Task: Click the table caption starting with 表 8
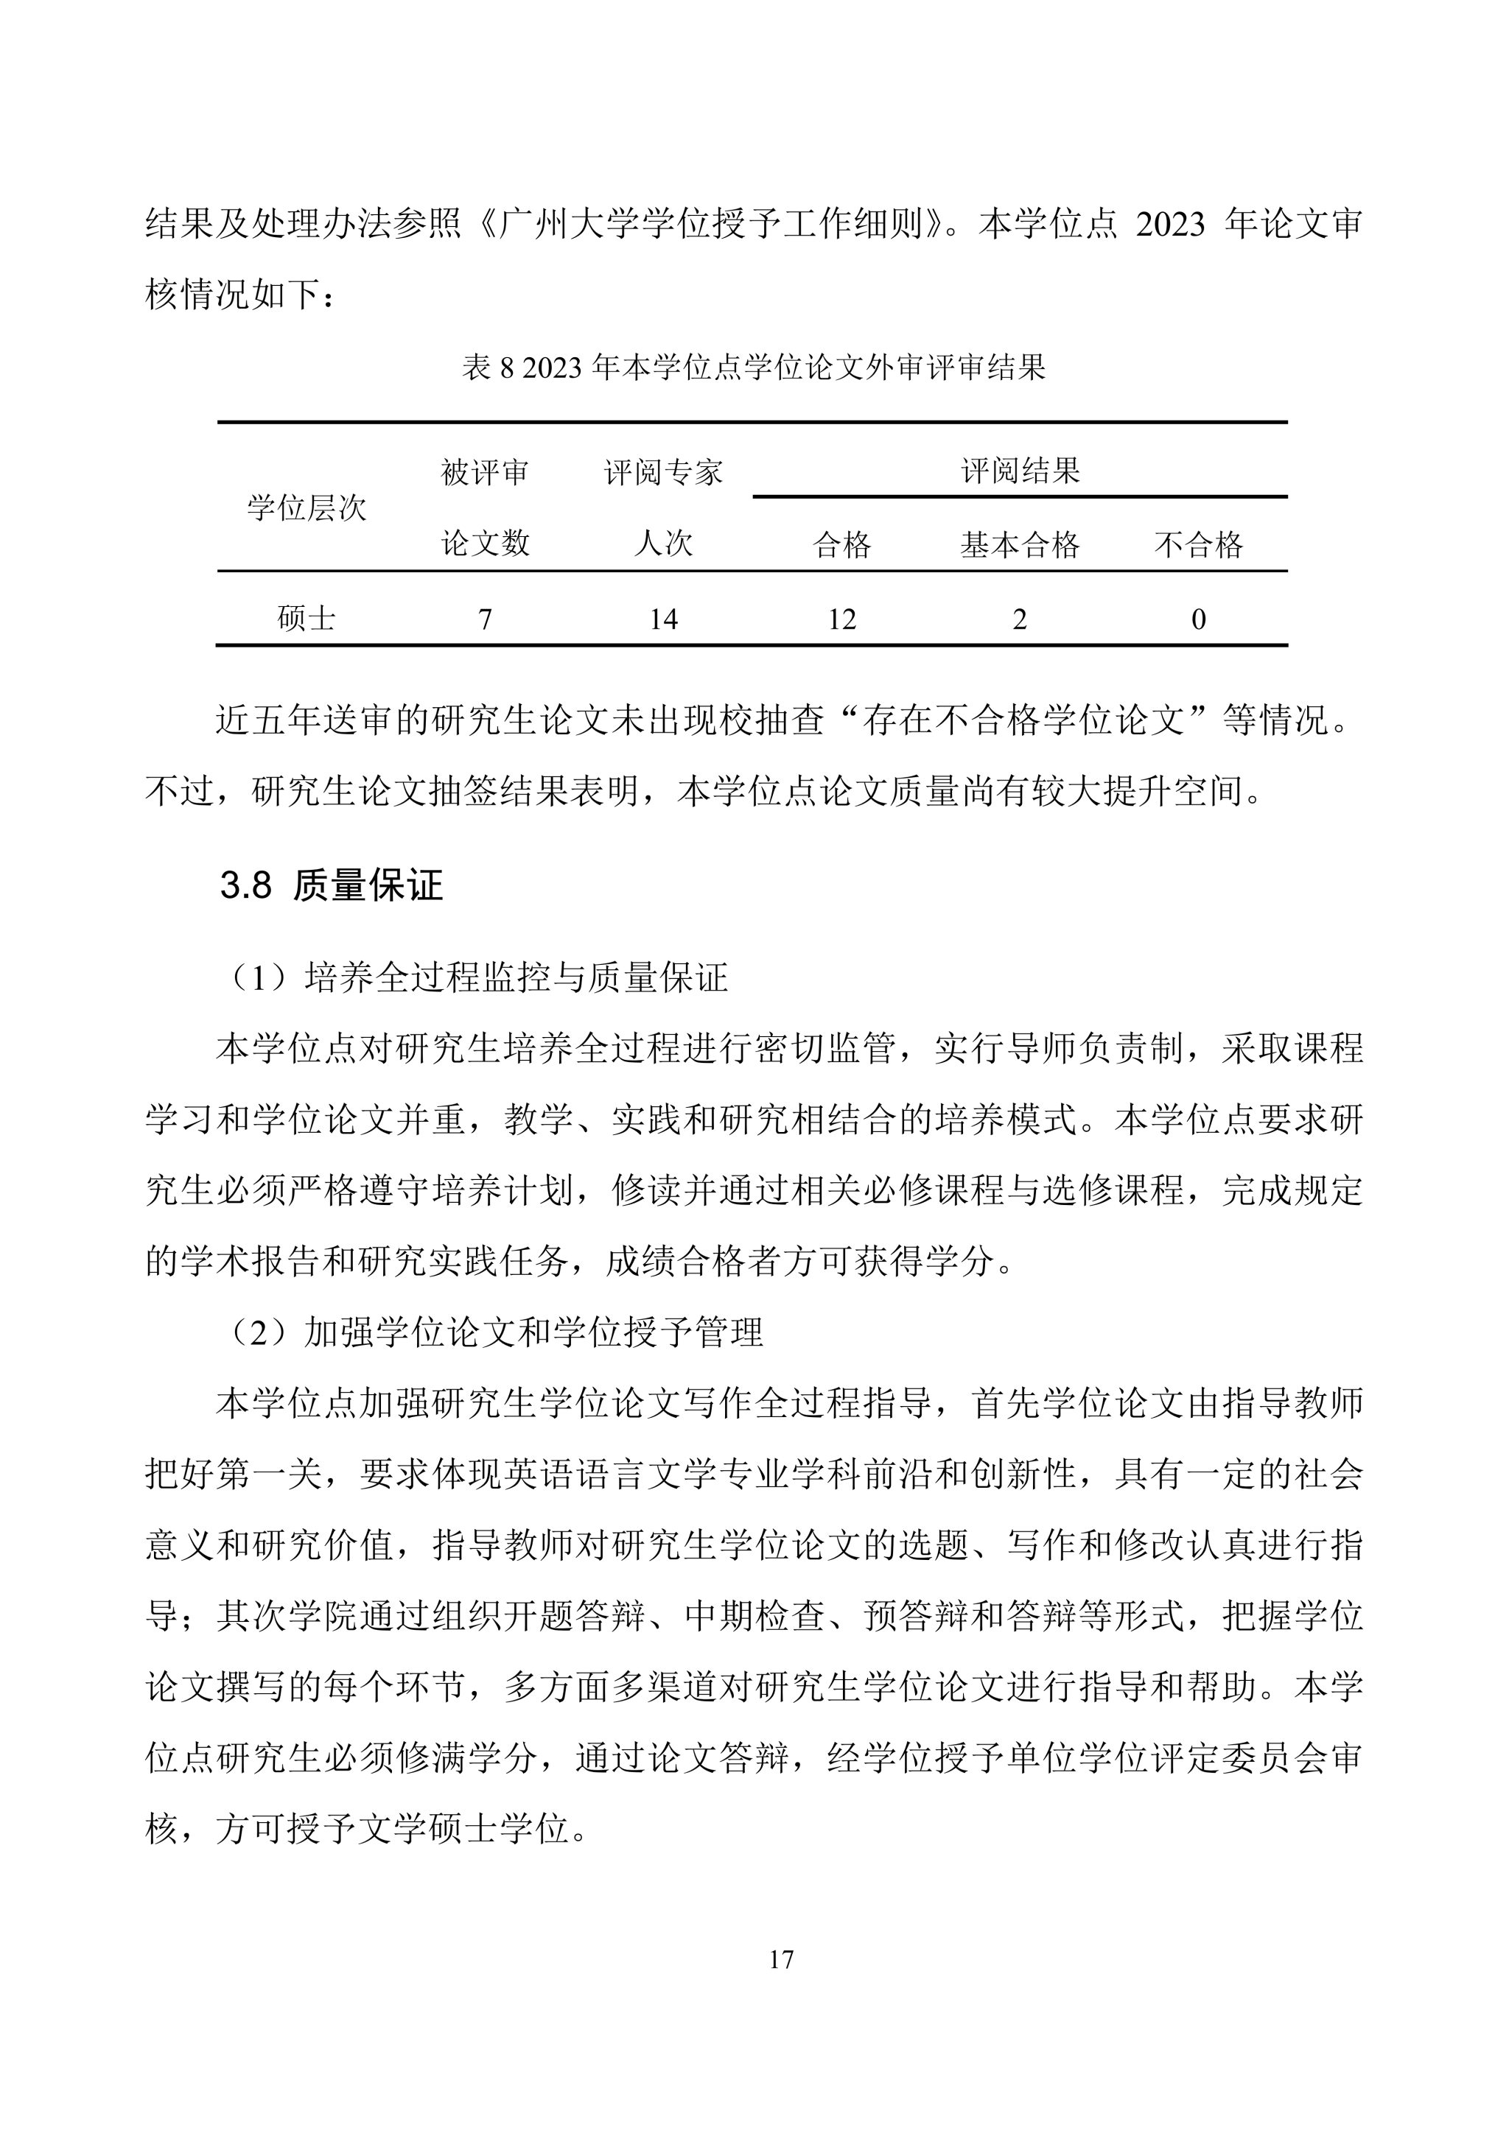[x=754, y=368]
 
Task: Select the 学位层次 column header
[x=307, y=508]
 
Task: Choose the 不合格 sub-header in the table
[x=1198, y=544]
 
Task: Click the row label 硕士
[x=307, y=619]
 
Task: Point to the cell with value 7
[x=484, y=619]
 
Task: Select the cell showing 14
[x=662, y=619]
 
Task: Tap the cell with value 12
[x=842, y=619]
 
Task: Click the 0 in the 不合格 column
[x=1198, y=619]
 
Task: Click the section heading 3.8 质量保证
[x=331, y=885]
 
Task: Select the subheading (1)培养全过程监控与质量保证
[x=478, y=977]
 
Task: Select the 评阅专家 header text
[x=662, y=473]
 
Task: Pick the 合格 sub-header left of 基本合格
[x=842, y=544]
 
